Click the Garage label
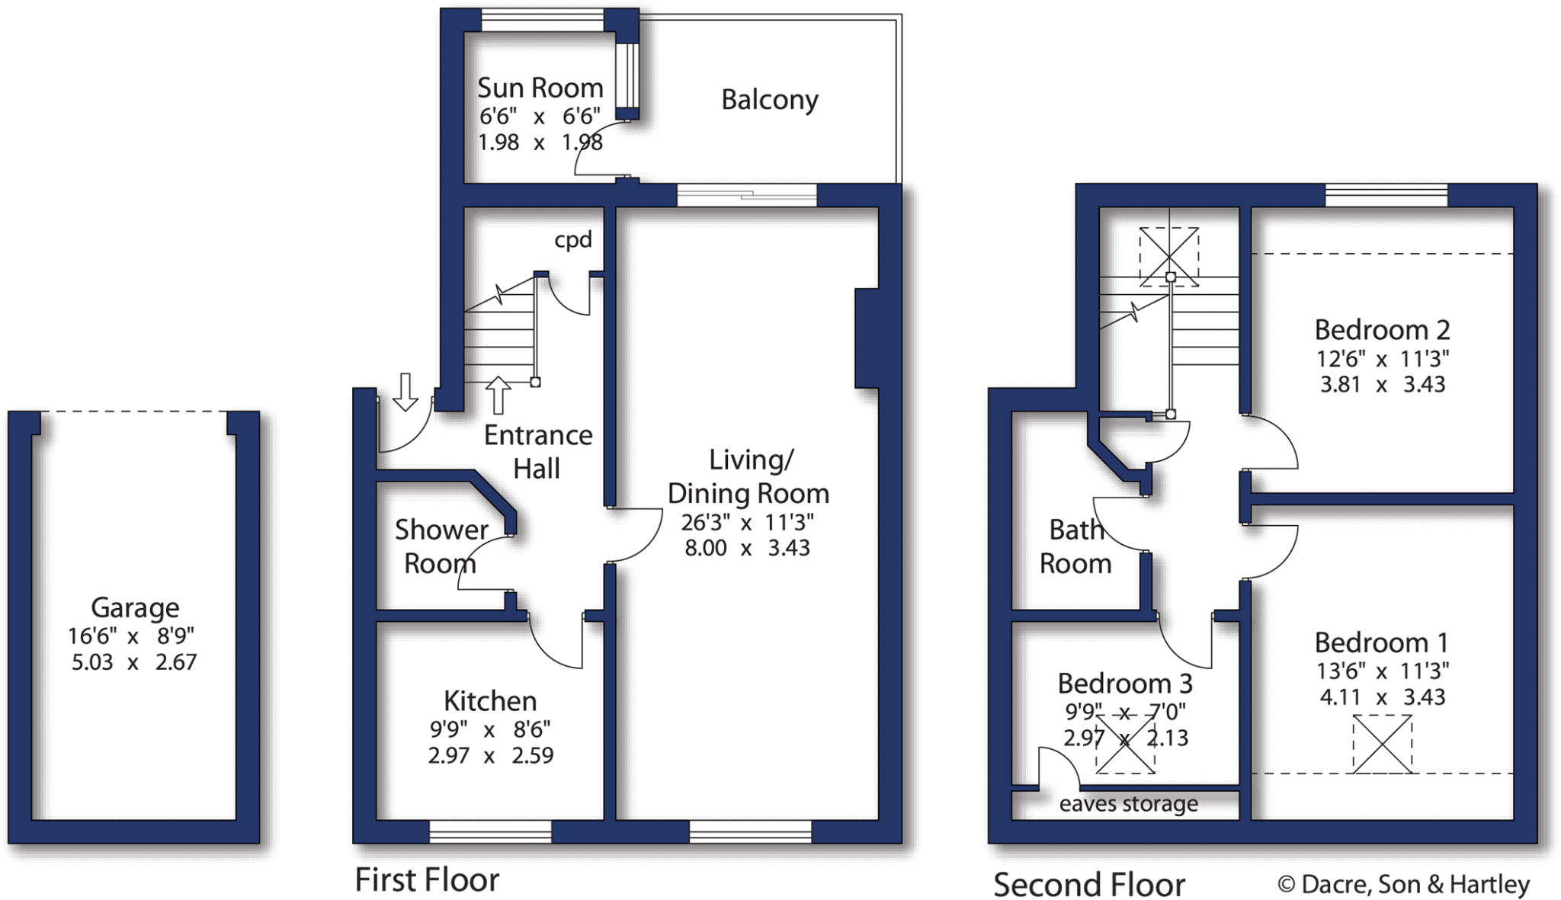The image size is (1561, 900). coord(135,607)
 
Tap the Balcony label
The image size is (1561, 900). coord(770,100)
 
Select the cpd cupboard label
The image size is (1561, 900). coord(572,240)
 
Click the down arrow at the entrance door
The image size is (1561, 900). coord(405,391)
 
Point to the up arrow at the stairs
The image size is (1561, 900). coord(497,395)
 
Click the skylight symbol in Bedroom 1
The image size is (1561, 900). coord(1382,744)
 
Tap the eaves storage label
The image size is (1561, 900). coord(1128,804)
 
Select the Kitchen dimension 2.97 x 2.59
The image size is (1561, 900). coord(490,756)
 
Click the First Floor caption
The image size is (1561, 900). coord(427,880)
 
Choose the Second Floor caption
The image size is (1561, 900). coord(1089,886)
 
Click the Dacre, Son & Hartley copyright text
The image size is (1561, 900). coord(1403,884)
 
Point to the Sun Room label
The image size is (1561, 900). coord(540,88)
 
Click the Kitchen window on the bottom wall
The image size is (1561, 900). coord(490,831)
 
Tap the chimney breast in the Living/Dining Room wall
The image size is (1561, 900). coord(868,338)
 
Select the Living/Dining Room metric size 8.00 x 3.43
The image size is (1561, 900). coord(747,548)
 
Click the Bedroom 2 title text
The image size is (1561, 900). coord(1382,330)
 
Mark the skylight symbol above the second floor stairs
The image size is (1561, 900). coord(1168,257)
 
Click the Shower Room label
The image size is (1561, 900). coord(440,546)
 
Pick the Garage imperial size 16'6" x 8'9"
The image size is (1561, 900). coord(131,636)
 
